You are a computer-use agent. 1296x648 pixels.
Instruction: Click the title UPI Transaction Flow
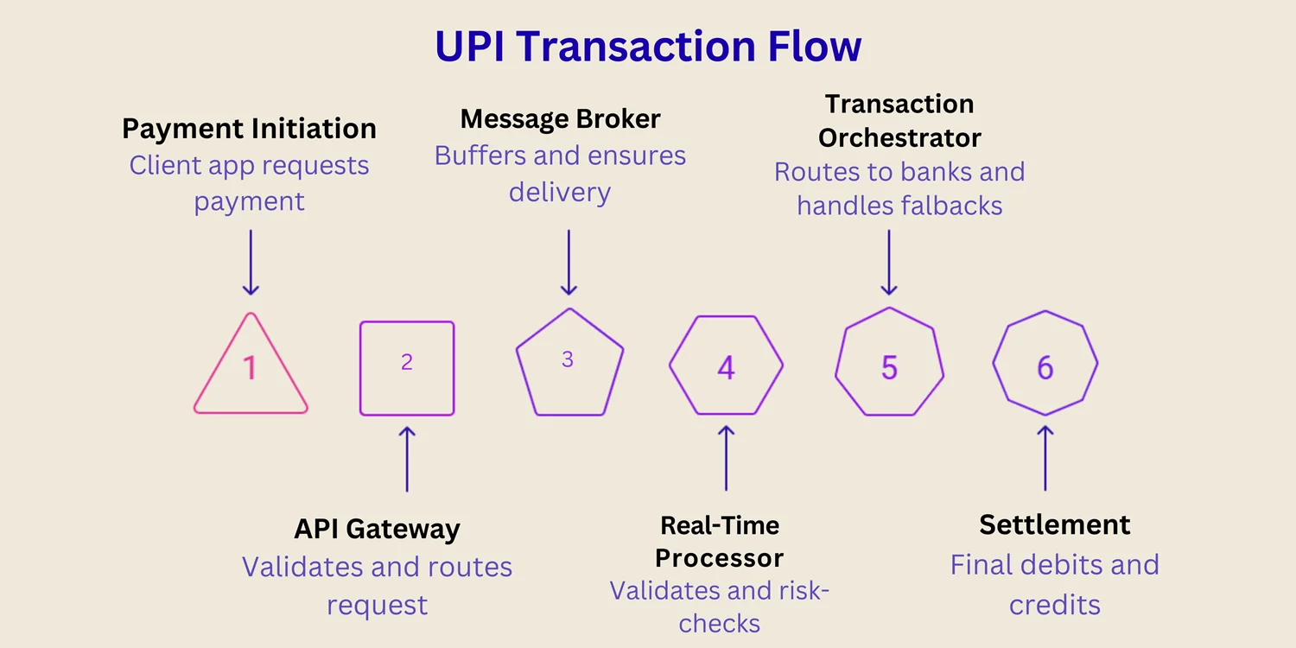648,46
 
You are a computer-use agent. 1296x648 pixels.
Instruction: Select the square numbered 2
407,368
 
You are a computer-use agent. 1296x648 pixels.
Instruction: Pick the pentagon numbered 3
569,365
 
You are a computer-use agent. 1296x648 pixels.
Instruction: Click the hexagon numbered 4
726,365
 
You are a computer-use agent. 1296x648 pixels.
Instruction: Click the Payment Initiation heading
249,129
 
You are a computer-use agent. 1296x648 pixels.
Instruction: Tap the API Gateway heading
377,529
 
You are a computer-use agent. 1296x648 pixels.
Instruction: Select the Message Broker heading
560,118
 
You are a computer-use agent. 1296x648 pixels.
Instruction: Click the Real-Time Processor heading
719,542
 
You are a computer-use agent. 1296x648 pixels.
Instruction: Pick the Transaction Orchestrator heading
899,121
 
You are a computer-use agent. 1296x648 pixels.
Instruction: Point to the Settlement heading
1054,524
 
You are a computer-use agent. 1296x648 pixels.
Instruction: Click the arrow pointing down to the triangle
251,263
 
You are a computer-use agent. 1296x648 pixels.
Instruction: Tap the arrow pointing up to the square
407,458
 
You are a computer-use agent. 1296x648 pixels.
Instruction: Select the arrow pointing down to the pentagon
569,262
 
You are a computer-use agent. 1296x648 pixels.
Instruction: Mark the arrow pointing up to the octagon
1045,458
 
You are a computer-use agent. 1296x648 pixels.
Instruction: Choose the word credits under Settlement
1054,604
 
